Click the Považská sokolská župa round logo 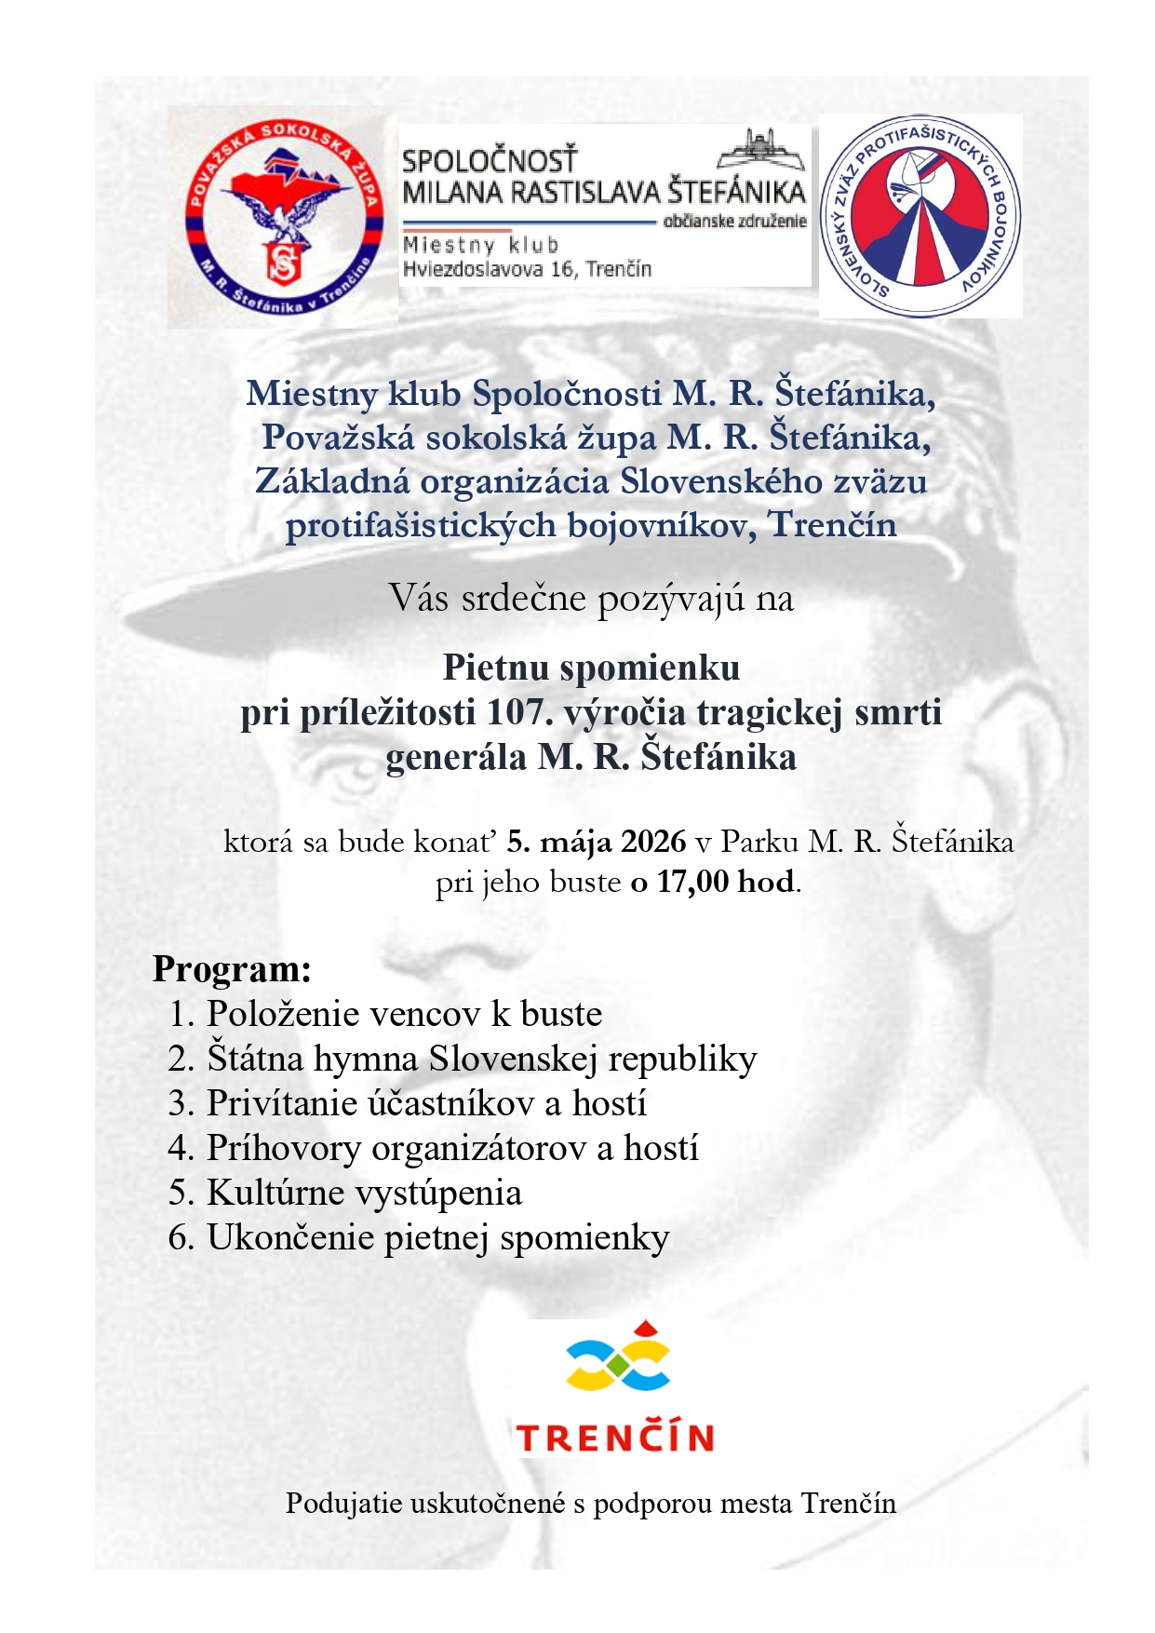click(x=283, y=217)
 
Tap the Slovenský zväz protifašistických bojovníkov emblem click(x=920, y=216)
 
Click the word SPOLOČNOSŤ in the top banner click(x=490, y=160)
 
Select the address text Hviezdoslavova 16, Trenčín click(x=527, y=270)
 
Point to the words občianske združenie click(x=734, y=222)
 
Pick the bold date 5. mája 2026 click(x=596, y=842)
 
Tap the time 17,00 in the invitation click(x=692, y=882)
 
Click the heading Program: click(x=232, y=969)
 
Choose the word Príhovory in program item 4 click(x=283, y=1148)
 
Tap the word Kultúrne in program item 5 click(x=275, y=1193)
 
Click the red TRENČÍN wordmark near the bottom click(x=615, y=1437)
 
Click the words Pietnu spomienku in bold click(x=591, y=668)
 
